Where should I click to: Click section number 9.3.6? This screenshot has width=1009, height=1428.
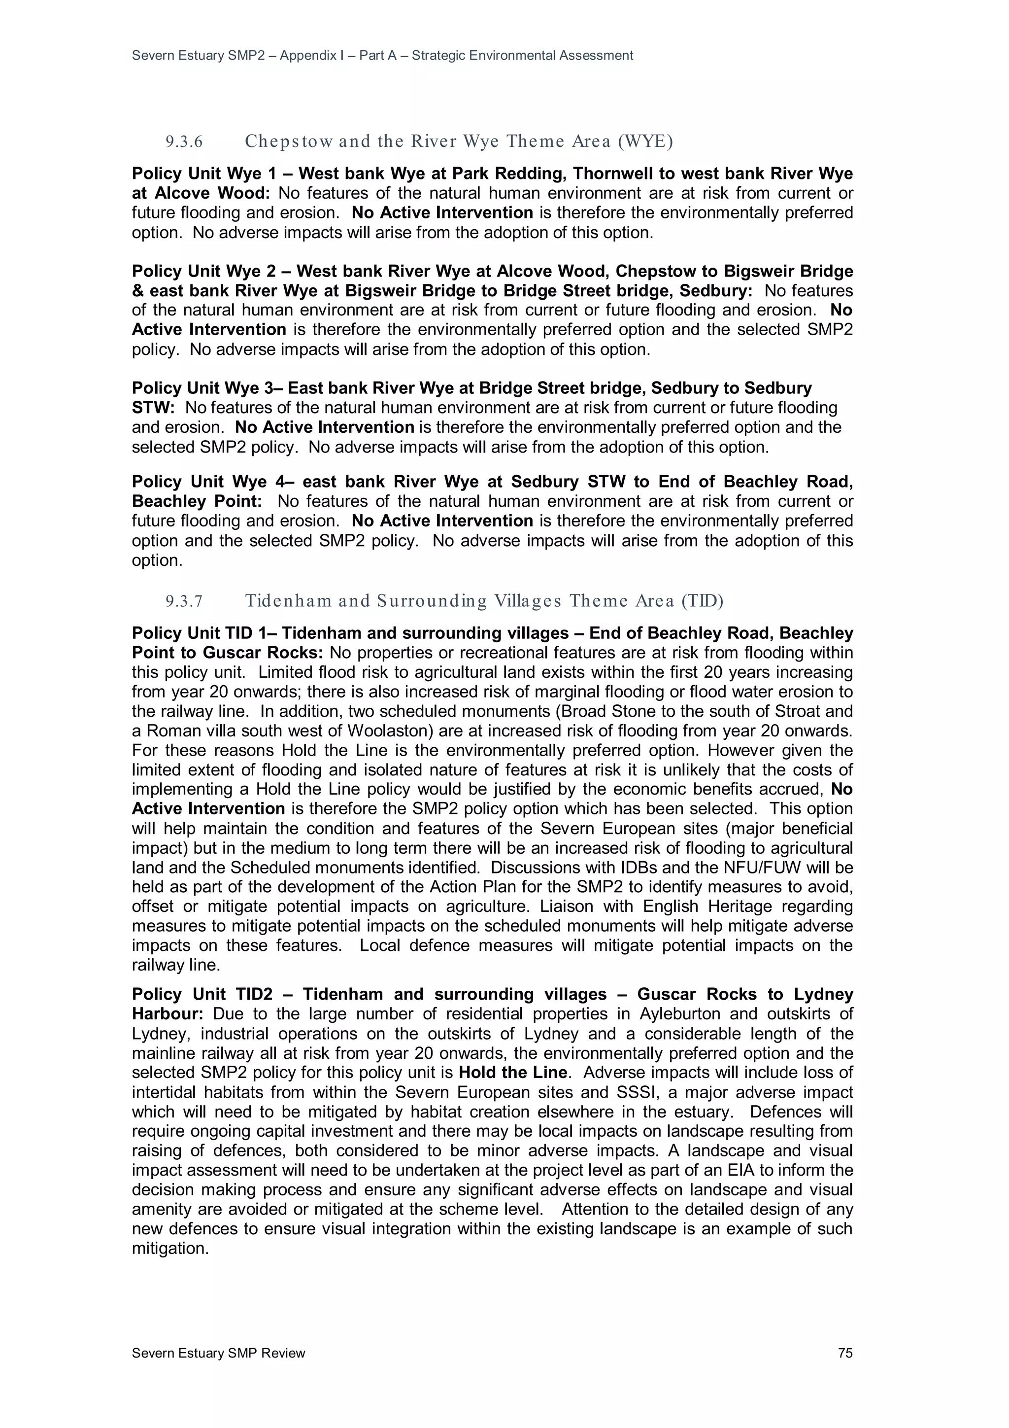[184, 142]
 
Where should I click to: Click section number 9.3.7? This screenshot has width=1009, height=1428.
[184, 601]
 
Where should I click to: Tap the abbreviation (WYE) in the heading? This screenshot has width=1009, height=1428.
[645, 142]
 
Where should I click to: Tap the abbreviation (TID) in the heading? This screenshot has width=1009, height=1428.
[702, 601]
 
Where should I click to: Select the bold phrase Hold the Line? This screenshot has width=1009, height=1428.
[513, 1072]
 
